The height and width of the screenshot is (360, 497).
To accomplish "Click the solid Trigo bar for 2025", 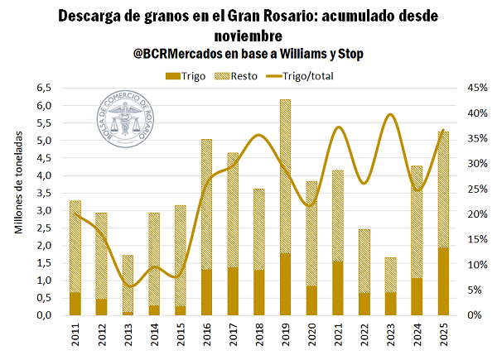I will pos(442,281).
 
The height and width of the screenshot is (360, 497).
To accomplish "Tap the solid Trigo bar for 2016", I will pos(206,292).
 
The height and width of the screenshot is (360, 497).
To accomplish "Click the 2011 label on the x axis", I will pos(75,336).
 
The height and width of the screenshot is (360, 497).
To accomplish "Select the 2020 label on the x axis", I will pos(311,336).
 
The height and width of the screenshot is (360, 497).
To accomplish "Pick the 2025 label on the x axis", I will pos(442,336).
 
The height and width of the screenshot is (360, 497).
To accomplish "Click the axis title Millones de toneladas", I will pos(18,202).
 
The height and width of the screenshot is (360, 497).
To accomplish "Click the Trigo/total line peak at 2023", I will pos(390,115).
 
